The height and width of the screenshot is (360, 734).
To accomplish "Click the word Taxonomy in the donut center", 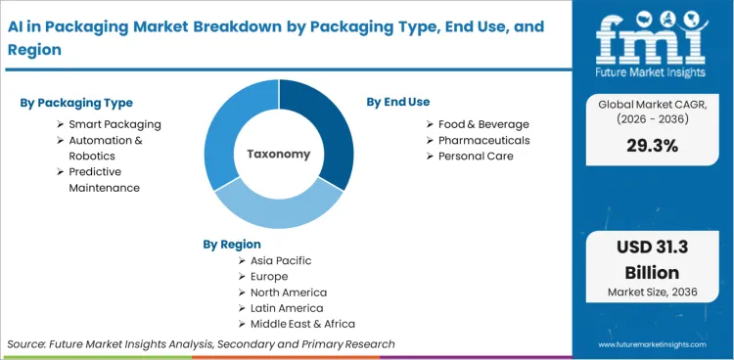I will tap(279, 155).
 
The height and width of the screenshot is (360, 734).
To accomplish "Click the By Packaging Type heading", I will tap(76, 103).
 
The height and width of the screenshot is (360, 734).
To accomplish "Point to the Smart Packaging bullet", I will tap(115, 124).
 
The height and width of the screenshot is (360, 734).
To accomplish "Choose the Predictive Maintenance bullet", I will tap(104, 179).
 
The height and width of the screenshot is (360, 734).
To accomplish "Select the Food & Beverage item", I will tap(483, 124).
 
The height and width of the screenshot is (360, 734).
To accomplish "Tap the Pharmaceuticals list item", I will tap(483, 140).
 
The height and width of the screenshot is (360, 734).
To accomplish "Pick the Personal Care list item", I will tap(476, 156).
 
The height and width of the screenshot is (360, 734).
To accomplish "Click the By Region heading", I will tap(232, 244).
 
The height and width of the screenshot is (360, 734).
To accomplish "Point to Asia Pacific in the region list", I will tap(281, 261).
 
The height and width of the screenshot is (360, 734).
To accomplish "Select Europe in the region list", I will tap(270, 277).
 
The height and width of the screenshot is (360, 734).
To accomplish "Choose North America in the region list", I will tap(289, 292).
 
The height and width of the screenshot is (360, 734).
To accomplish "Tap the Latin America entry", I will tap(286, 308).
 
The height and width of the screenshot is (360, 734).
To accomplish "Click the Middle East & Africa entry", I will tap(302, 324).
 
